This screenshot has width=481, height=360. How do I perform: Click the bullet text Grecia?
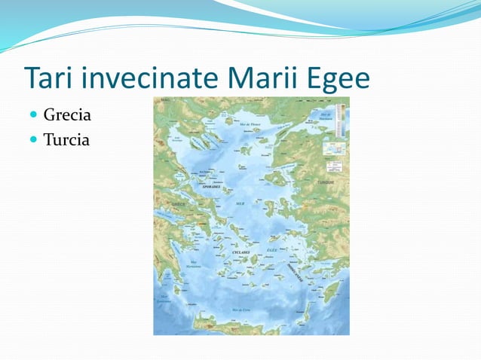[x=67, y=116]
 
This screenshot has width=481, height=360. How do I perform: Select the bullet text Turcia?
[x=66, y=139]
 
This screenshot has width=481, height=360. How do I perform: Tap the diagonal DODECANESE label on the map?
[x=293, y=272]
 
